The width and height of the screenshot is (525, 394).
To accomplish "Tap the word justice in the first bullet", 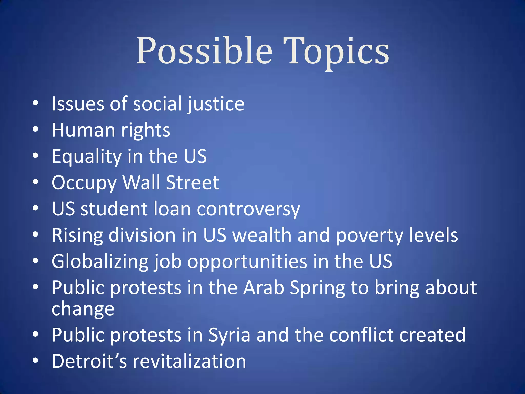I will point(216,104).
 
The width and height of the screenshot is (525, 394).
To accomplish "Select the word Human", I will point(83,130).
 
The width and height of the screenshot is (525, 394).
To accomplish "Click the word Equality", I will point(87,156).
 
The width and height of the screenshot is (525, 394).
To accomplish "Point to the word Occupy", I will point(84,183).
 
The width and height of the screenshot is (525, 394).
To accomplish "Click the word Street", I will point(193,182).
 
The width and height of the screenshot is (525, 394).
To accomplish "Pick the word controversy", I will point(248,209).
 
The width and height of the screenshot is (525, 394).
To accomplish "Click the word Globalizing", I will point(100,262).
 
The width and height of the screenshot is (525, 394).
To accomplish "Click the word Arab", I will point(264,288).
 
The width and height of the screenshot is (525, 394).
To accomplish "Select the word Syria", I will point(229,335).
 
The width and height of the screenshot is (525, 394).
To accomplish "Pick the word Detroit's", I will point(89,361).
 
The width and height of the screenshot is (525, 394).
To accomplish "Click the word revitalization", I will point(189,361).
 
